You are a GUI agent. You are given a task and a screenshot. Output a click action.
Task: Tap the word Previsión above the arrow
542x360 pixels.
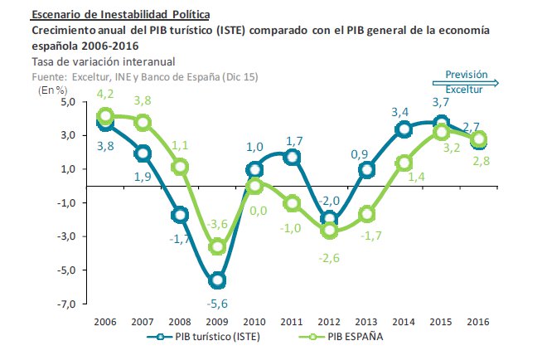pos(467,73)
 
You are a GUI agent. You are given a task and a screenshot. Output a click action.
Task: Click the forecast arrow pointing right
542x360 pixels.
pos(465,81)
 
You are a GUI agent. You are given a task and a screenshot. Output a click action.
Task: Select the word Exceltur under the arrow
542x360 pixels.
pos(464,90)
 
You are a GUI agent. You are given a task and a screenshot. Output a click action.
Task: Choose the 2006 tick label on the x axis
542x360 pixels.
pos(105,320)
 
